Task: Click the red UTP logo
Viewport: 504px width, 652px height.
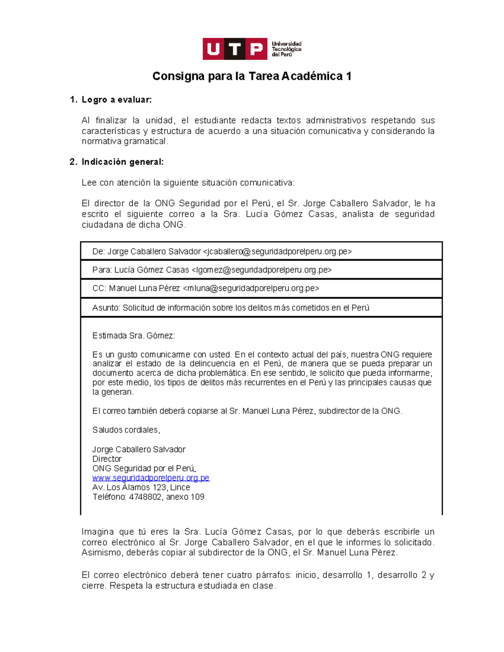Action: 235,49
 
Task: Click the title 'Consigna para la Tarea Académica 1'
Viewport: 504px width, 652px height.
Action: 252,76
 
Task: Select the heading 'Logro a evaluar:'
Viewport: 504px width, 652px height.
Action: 116,100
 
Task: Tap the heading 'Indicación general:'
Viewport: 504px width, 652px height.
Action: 122,162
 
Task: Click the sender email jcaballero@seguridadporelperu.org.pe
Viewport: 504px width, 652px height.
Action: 277,251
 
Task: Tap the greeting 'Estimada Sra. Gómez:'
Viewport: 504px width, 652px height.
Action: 133,335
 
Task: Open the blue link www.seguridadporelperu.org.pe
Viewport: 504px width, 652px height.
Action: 151,478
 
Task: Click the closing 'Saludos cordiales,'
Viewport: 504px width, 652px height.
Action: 126,430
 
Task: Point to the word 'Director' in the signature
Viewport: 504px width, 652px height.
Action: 107,459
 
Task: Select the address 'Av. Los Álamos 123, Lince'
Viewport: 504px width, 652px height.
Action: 141,487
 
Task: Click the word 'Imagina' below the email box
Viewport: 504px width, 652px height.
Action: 97,532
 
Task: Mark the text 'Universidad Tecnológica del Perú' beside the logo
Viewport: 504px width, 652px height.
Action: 286,49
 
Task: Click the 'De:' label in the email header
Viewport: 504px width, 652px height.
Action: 98,251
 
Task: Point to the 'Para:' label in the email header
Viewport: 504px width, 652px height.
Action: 102,270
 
